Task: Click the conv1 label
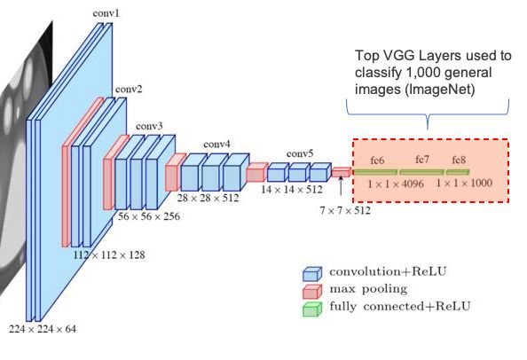pyautogui.click(x=106, y=13)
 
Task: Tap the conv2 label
pyautogui.click(x=129, y=90)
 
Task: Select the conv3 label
pyautogui.click(x=149, y=126)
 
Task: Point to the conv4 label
pyautogui.click(x=216, y=145)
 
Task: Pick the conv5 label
pyautogui.click(x=300, y=153)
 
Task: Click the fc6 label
pyautogui.click(x=377, y=160)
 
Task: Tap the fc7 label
pyautogui.click(x=422, y=160)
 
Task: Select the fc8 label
pyautogui.click(x=459, y=160)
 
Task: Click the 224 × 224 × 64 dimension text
pyautogui.click(x=43, y=329)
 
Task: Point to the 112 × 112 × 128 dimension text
pyautogui.click(x=109, y=255)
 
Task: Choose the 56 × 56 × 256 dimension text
pyautogui.click(x=149, y=216)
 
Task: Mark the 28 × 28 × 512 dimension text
pyautogui.click(x=208, y=198)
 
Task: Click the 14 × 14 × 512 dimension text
pyautogui.click(x=292, y=190)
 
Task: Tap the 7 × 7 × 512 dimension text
pyautogui.click(x=345, y=210)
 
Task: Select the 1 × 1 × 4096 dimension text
pyautogui.click(x=396, y=184)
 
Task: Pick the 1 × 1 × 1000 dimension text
pyautogui.click(x=465, y=183)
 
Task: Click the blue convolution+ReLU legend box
pyautogui.click(x=312, y=274)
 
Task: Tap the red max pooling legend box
pyautogui.click(x=312, y=292)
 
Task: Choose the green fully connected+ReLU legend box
pyautogui.click(x=312, y=309)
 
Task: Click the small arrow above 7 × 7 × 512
pyautogui.click(x=341, y=185)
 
